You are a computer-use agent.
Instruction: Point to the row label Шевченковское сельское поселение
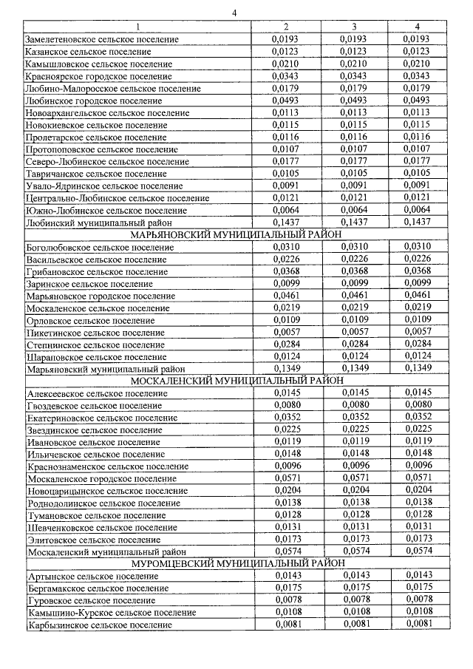point(98,527)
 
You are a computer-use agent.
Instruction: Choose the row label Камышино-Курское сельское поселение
point(111,613)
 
